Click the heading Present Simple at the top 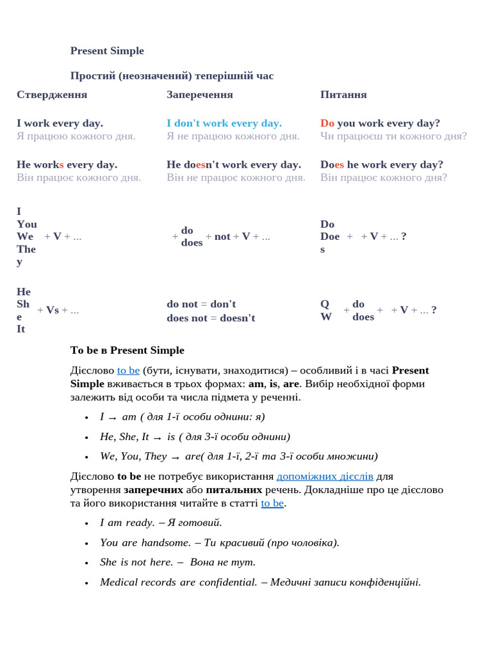(x=107, y=51)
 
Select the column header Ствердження (x=52, y=95)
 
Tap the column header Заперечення (x=200, y=95)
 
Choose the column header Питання (x=343, y=95)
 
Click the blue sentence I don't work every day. (x=224, y=123)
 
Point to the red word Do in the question (x=327, y=123)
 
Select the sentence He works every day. (x=67, y=164)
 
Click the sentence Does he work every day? (x=382, y=164)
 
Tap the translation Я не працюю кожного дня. (x=233, y=136)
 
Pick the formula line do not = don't (x=201, y=304)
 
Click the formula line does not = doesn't (x=211, y=318)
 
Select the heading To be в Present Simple (x=127, y=351)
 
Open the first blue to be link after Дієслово (x=128, y=370)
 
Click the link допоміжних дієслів (x=325, y=476)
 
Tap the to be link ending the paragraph (x=272, y=503)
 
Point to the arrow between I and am (x=113, y=418)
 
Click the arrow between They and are (x=176, y=457)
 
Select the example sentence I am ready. (x=127, y=523)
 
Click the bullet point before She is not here (x=86, y=563)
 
